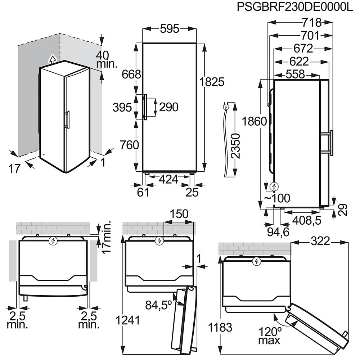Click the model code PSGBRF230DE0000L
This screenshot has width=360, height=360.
pos(294,6)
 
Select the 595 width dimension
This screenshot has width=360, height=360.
pos(170,29)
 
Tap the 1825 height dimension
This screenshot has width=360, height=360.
pos(212,82)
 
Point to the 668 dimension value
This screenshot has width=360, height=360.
pos(131,75)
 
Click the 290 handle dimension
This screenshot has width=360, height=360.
pos(169,107)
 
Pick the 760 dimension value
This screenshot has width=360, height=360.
pos(129,145)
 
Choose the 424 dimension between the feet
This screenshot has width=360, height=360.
pos(168,179)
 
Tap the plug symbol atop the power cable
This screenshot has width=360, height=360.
pos(226,107)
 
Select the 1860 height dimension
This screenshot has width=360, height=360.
pos(255,121)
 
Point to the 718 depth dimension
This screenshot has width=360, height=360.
pos(311,22)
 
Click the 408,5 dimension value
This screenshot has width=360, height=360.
pos(306,221)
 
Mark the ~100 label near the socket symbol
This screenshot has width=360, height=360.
pos(277,198)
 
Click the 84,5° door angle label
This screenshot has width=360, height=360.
pos(159,305)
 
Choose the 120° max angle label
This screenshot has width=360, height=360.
pos(270,335)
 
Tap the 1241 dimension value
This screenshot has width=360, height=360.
pos(128,320)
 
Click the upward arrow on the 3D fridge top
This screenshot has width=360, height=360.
pos(53,59)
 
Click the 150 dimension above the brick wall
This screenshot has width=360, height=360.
pos(179,214)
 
